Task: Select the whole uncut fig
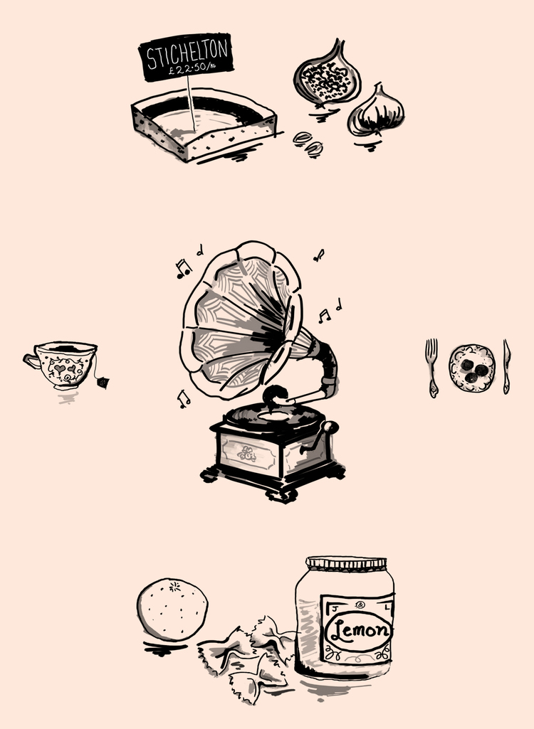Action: pyautogui.click(x=376, y=111)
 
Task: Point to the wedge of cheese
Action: pyautogui.click(x=205, y=124)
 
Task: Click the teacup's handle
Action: pyautogui.click(x=31, y=361)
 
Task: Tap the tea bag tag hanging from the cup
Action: pyautogui.click(x=103, y=383)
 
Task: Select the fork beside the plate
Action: pyautogui.click(x=432, y=368)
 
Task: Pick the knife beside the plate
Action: pyautogui.click(x=506, y=367)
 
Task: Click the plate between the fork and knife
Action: pyautogui.click(x=472, y=368)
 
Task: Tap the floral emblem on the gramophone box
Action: pyautogui.click(x=247, y=453)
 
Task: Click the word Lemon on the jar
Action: pyautogui.click(x=359, y=630)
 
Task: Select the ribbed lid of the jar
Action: pyautogui.click(x=346, y=564)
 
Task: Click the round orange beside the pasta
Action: pyautogui.click(x=172, y=609)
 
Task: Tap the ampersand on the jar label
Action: pyautogui.click(x=361, y=605)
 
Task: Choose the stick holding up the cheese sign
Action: pyautogui.click(x=191, y=102)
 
